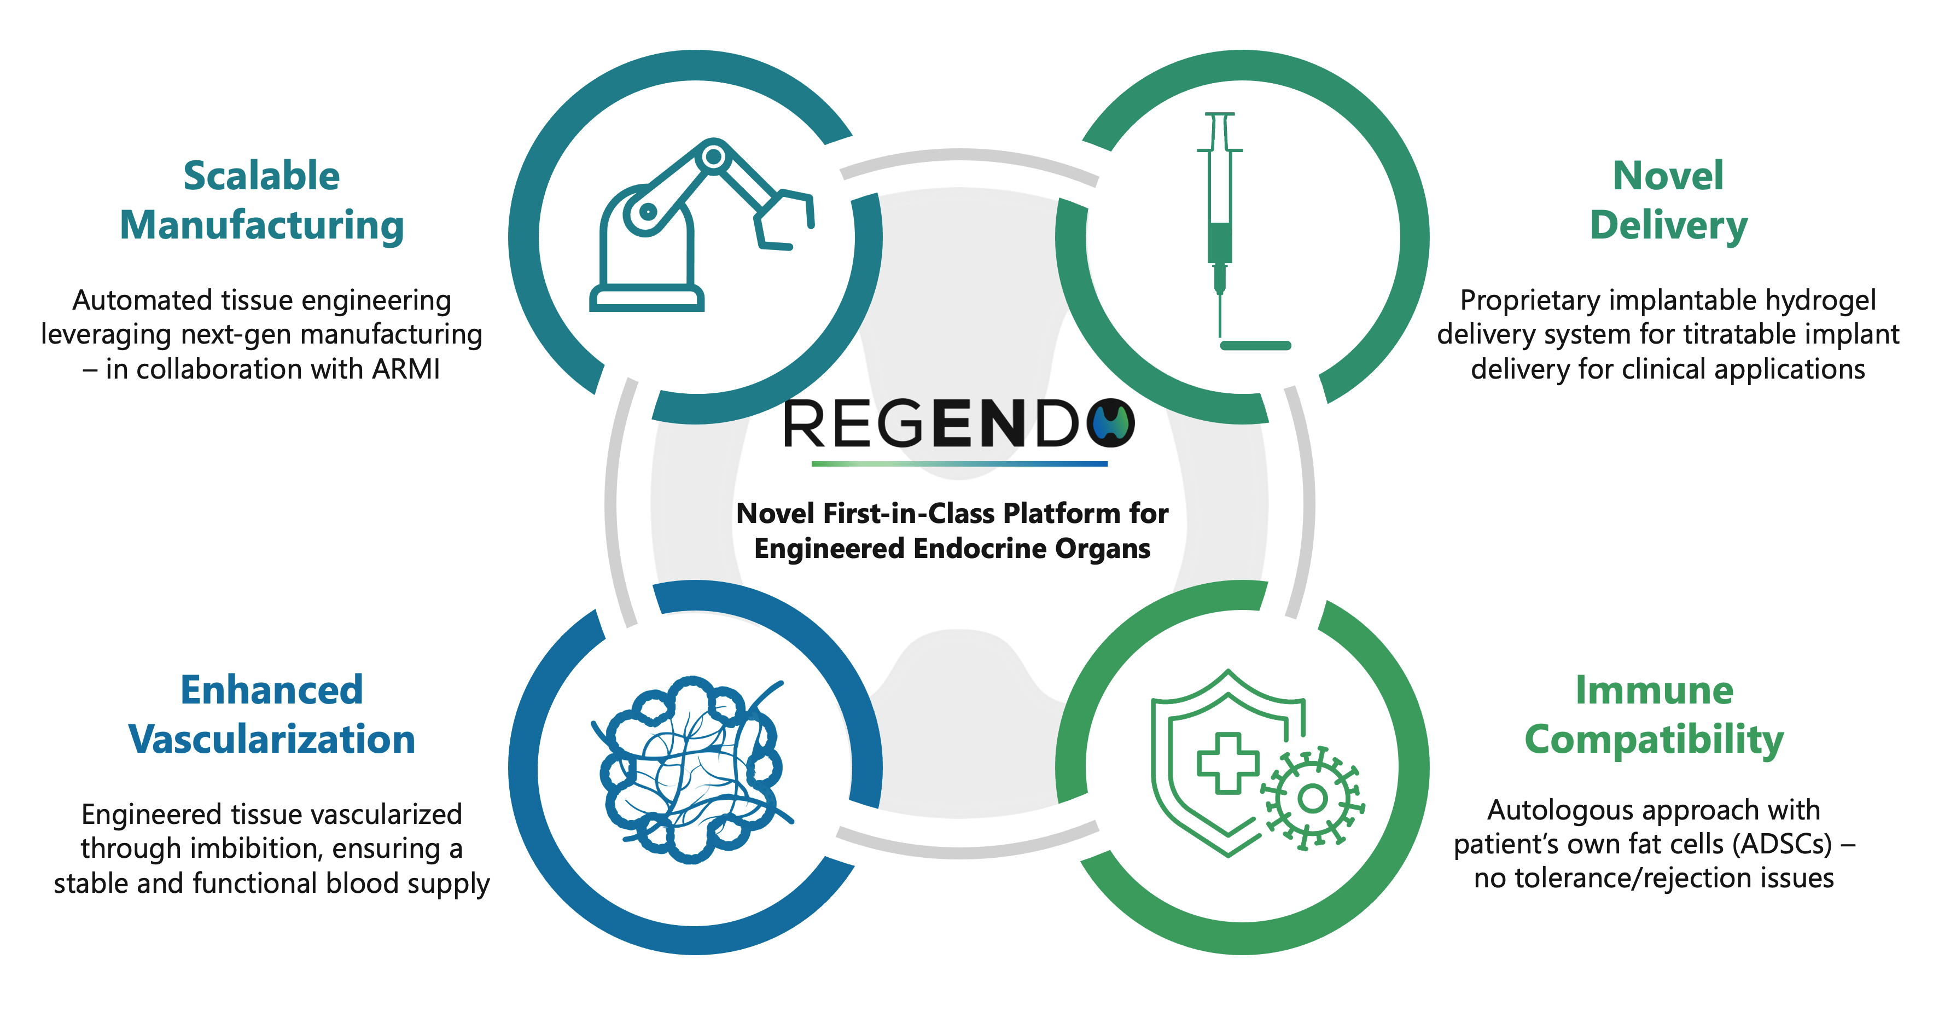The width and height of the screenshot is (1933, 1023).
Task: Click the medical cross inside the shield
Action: [x=1227, y=763]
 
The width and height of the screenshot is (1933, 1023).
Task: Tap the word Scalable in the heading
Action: [x=261, y=176]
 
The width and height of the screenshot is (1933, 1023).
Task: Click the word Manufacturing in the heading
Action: [x=261, y=225]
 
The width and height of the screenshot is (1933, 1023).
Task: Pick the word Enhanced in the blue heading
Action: [x=272, y=690]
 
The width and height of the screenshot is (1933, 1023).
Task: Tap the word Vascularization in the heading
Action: [x=272, y=739]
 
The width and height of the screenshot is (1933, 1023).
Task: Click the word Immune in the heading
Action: [x=1654, y=690]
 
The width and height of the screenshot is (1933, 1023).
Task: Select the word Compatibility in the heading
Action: [x=1654, y=739]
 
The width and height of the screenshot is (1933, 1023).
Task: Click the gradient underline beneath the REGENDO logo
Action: [x=959, y=464]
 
